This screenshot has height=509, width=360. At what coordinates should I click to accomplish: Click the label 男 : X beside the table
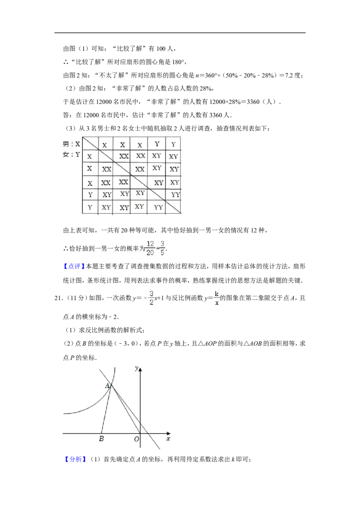pos(72,144)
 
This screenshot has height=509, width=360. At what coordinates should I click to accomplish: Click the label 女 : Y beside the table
pos(72,155)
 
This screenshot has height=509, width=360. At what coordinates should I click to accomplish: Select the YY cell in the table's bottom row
pos(158,207)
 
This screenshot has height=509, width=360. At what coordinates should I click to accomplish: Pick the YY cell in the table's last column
pos(175,195)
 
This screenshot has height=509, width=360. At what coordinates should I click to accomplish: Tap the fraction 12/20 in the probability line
pos(150,248)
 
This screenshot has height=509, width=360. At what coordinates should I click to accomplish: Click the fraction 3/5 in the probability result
pos(162,248)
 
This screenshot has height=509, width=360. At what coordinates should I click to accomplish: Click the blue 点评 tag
pos(74,266)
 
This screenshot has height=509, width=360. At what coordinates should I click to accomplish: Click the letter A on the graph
pos(107,386)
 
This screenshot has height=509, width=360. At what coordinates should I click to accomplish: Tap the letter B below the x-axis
pos(101,439)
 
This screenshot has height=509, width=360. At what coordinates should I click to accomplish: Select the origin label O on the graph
pos(136,439)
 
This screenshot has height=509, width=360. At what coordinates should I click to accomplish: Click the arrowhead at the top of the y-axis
pos(140,369)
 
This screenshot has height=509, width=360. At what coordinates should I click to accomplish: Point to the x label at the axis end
pos(168,439)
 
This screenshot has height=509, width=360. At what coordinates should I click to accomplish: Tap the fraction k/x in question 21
pos(217,298)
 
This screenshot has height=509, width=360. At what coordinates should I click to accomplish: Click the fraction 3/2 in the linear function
pos(151,298)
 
